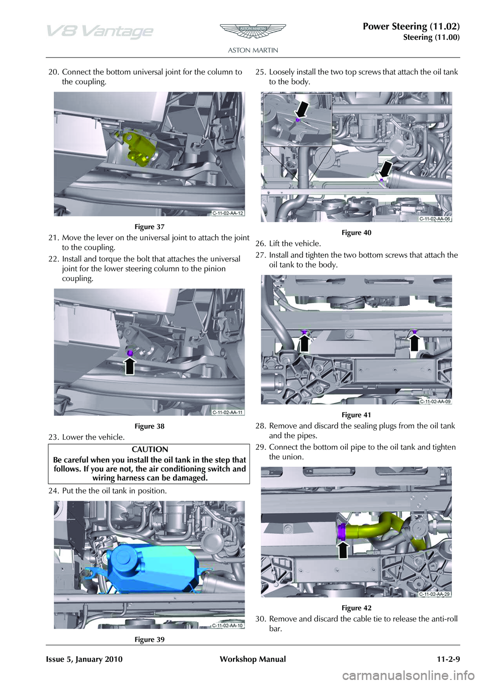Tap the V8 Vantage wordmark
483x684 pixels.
(x=100, y=31)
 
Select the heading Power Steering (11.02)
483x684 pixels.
(x=411, y=26)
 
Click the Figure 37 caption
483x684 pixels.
(x=149, y=227)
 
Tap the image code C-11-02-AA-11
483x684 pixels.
(x=227, y=412)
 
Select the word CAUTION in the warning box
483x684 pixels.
(x=150, y=449)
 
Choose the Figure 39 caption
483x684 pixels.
(x=149, y=640)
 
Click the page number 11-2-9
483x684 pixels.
(x=445, y=659)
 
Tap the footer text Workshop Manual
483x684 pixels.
(x=253, y=659)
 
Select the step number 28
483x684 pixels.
(x=260, y=426)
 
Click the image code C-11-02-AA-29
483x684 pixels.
(x=434, y=594)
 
